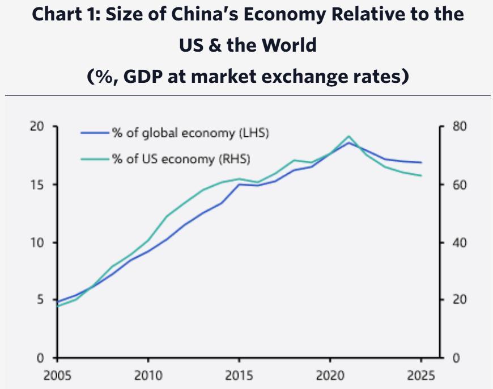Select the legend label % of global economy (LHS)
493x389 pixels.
click(x=190, y=133)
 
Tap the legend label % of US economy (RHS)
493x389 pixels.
click(x=181, y=158)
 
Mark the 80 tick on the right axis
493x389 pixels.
click(x=454, y=127)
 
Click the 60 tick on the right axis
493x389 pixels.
click(x=454, y=185)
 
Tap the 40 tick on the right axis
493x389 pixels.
click(x=454, y=242)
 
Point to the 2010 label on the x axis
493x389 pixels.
click(x=147, y=375)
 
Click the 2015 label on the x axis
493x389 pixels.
click(x=239, y=375)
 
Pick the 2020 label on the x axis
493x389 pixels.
click(x=329, y=375)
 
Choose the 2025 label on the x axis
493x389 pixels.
click(x=420, y=375)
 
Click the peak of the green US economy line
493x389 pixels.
click(x=348, y=136)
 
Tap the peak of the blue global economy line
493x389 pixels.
click(x=348, y=143)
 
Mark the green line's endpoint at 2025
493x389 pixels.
click(x=421, y=175)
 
